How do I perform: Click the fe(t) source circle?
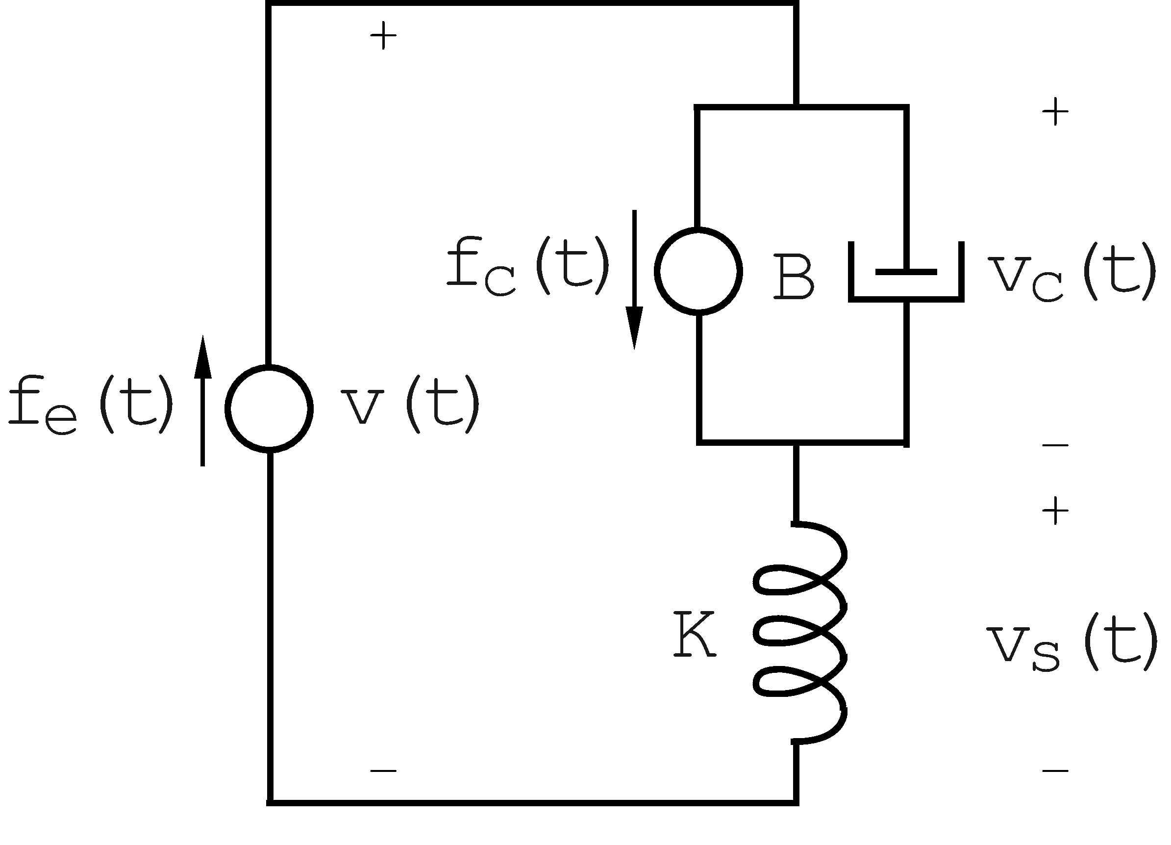pos(269,409)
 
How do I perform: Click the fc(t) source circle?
pos(698,271)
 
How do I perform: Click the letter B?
pos(794,277)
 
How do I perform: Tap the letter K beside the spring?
pos(695,634)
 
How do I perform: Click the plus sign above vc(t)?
pos(1055,111)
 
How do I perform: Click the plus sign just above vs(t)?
pos(1055,512)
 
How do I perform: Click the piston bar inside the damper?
pos(906,272)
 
